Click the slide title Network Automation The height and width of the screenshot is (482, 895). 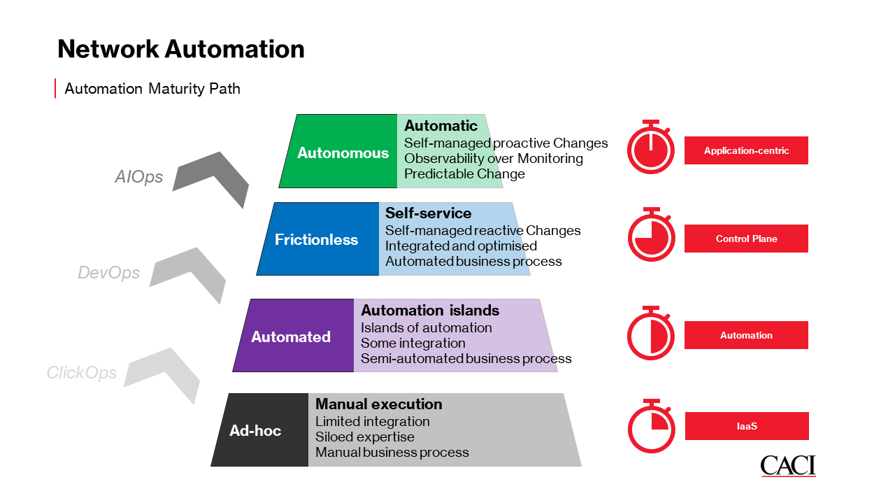(181, 49)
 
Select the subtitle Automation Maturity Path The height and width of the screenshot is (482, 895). (152, 89)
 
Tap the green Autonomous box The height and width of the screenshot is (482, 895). (338, 151)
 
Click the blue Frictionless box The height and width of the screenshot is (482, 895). (318, 239)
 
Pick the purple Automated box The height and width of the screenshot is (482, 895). (294, 336)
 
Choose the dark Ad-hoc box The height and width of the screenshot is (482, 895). (260, 430)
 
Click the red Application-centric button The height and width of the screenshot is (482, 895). (746, 150)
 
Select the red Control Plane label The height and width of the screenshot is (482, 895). (746, 239)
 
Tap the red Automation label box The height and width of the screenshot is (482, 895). (746, 335)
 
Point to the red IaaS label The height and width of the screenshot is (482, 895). (747, 426)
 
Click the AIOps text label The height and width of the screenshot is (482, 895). (138, 177)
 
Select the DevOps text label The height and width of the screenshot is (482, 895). (108, 273)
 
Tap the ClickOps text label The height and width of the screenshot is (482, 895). (82, 372)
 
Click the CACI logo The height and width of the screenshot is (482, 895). (788, 466)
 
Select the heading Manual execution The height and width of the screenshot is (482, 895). (379, 404)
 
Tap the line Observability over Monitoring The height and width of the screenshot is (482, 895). (494, 158)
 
